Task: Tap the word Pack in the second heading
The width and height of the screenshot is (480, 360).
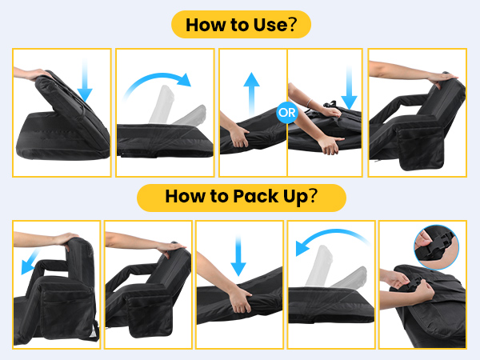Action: coord(255,196)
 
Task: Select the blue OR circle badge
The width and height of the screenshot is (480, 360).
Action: coord(287,113)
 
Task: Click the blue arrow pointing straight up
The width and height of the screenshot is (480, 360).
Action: coord(251,94)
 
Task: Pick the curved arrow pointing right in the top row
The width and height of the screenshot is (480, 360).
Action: coord(158,78)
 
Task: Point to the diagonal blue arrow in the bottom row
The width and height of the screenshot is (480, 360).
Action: coord(30,262)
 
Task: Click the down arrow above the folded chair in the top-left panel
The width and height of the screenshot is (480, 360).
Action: coord(85,80)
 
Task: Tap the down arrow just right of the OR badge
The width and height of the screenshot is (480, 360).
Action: coord(349,87)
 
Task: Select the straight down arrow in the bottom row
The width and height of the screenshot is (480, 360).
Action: coord(238,256)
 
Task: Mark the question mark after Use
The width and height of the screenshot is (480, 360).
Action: coord(292,25)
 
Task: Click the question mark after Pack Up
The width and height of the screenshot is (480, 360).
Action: coord(313,196)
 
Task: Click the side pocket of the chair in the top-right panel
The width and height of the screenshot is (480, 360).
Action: coord(422,149)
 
